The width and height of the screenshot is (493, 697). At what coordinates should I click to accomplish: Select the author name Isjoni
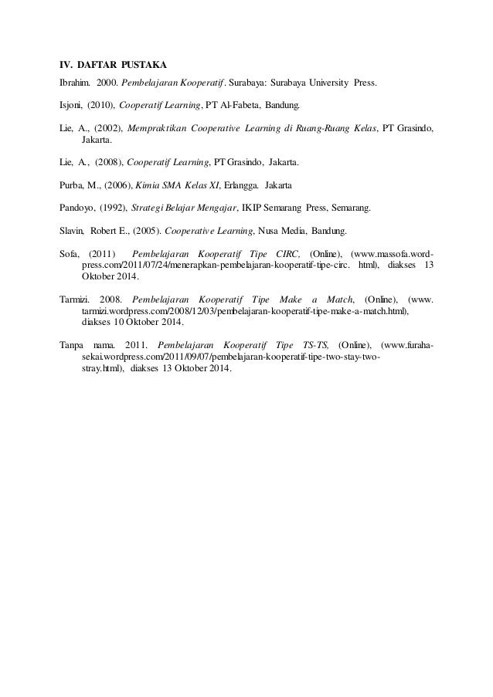point(72,103)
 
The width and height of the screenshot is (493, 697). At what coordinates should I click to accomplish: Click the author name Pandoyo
point(76,208)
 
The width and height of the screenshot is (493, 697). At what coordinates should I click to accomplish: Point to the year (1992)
point(112,208)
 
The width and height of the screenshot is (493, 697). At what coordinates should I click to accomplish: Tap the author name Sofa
point(70,254)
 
